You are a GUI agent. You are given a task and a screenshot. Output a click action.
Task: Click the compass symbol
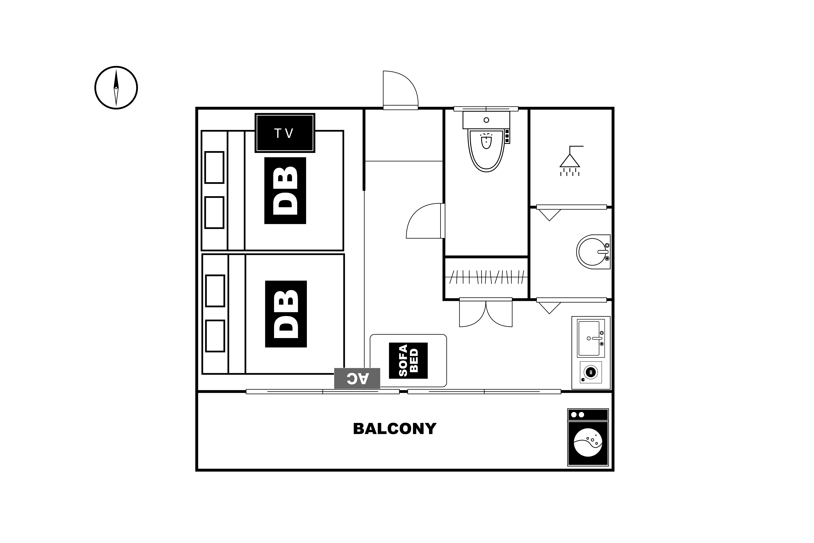point(116,88)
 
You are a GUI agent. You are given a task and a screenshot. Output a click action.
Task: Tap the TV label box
point(285,133)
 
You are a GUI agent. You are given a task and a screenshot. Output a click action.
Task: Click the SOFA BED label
point(408,361)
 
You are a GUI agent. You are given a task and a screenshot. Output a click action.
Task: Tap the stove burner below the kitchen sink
point(591,372)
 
